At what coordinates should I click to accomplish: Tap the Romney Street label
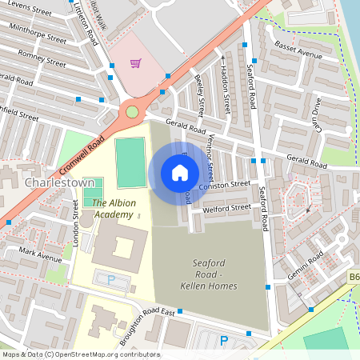point(43,59)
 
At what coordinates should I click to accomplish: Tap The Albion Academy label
point(113,208)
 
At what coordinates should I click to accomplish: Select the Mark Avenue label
point(40,254)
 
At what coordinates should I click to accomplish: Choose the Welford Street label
point(227,208)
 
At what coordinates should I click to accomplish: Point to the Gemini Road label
point(309,261)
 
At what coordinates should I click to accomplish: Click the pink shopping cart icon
point(136,63)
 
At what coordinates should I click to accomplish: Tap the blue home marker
point(179,173)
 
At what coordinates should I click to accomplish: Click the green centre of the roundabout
point(132,112)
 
